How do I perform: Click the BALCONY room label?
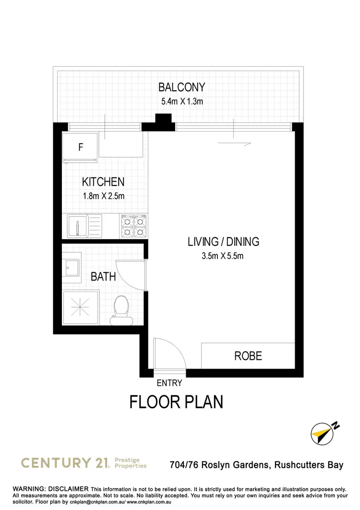pyautogui.click(x=182, y=87)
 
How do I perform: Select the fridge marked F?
pyautogui.click(x=81, y=147)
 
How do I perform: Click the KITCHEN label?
pyautogui.click(x=103, y=182)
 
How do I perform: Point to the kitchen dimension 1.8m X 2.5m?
pyautogui.click(x=103, y=196)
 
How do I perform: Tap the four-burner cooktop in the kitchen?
pyautogui.click(x=133, y=226)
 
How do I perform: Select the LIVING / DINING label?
pyautogui.click(x=223, y=242)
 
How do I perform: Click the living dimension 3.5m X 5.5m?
pyautogui.click(x=223, y=256)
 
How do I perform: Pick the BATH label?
pyautogui.click(x=103, y=277)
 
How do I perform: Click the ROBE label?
pyautogui.click(x=248, y=356)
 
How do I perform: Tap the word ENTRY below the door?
pyautogui.click(x=169, y=383)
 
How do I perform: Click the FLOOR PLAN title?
pyautogui.click(x=176, y=402)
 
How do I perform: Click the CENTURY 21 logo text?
pyautogui.click(x=65, y=463)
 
